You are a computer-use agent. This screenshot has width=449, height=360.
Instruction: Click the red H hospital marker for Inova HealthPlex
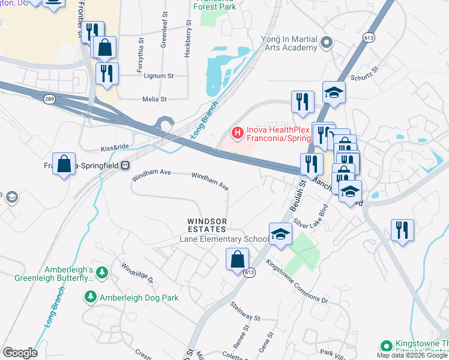coord(237,132)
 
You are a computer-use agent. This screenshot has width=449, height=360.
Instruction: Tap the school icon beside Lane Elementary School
coord(280,235)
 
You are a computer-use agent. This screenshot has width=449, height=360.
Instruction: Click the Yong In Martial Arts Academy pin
coord(327,42)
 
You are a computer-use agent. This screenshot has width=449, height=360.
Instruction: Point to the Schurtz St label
coord(365,79)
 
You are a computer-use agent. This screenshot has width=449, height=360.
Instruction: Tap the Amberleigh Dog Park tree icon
coord(90,296)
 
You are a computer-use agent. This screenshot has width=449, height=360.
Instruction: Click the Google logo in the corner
coord(20,353)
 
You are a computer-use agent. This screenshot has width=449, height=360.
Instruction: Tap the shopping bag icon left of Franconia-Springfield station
coord(64,164)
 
